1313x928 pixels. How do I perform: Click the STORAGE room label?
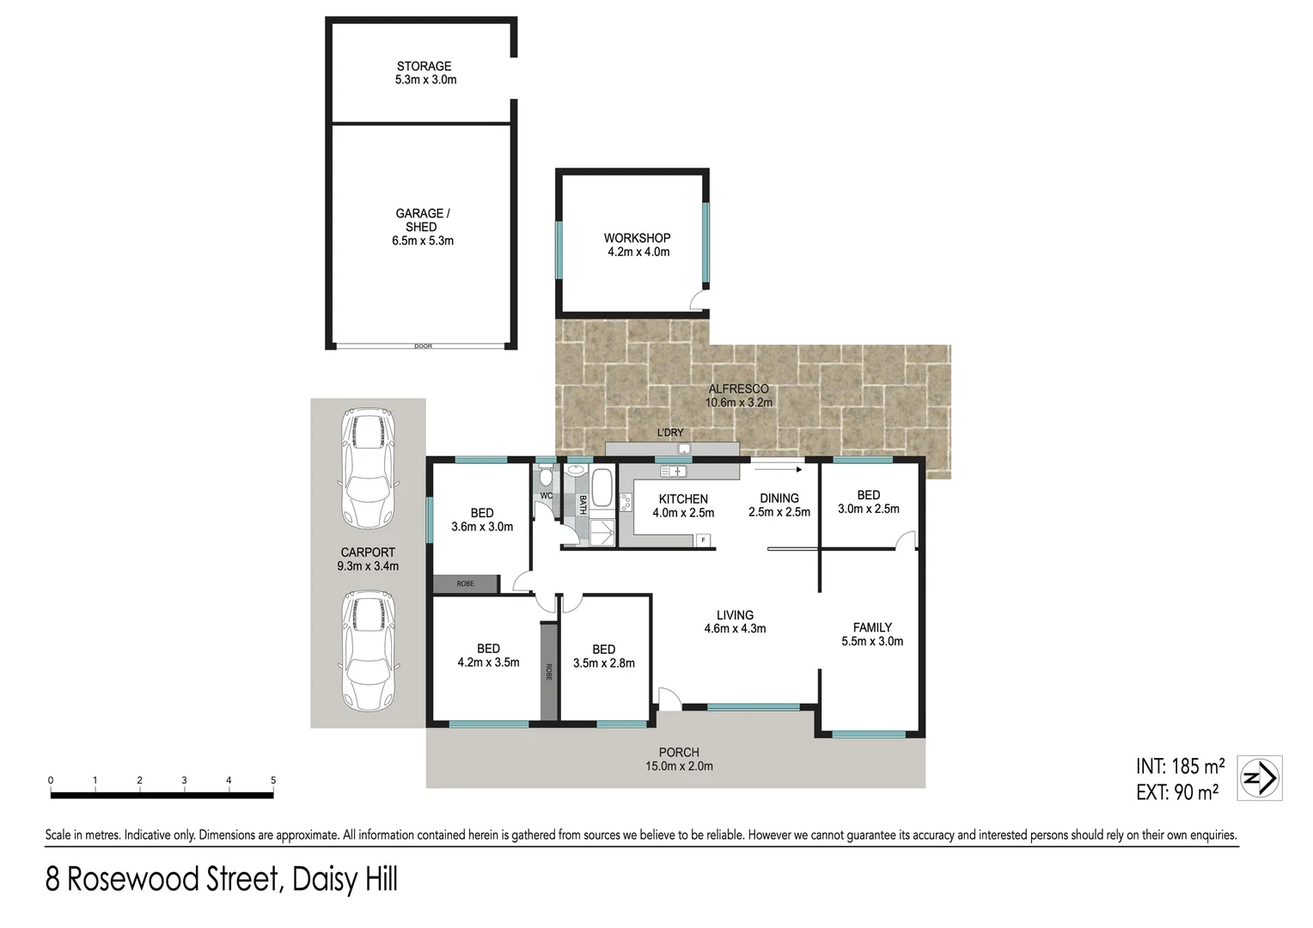click(x=424, y=66)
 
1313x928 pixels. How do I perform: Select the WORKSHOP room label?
click(x=637, y=238)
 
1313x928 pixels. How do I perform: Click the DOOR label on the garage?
click(x=423, y=346)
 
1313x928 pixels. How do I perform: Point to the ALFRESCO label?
click(x=738, y=389)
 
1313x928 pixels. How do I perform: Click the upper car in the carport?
click(x=369, y=469)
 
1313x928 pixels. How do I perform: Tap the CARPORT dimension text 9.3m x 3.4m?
click(x=368, y=566)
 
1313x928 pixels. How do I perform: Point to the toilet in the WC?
click(x=545, y=477)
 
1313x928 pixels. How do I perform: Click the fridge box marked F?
click(x=704, y=540)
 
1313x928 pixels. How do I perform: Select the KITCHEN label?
click(x=683, y=499)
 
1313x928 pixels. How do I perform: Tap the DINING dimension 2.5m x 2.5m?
click(x=779, y=512)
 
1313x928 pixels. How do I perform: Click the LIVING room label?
click(x=735, y=615)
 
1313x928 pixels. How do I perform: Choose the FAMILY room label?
click(x=872, y=627)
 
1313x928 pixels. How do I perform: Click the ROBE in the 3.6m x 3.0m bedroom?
click(x=465, y=584)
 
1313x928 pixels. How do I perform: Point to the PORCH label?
click(x=679, y=753)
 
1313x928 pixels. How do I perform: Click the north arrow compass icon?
click(x=1260, y=778)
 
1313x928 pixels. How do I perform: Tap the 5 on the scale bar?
click(x=273, y=780)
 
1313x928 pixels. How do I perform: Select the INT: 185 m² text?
click(x=1180, y=766)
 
